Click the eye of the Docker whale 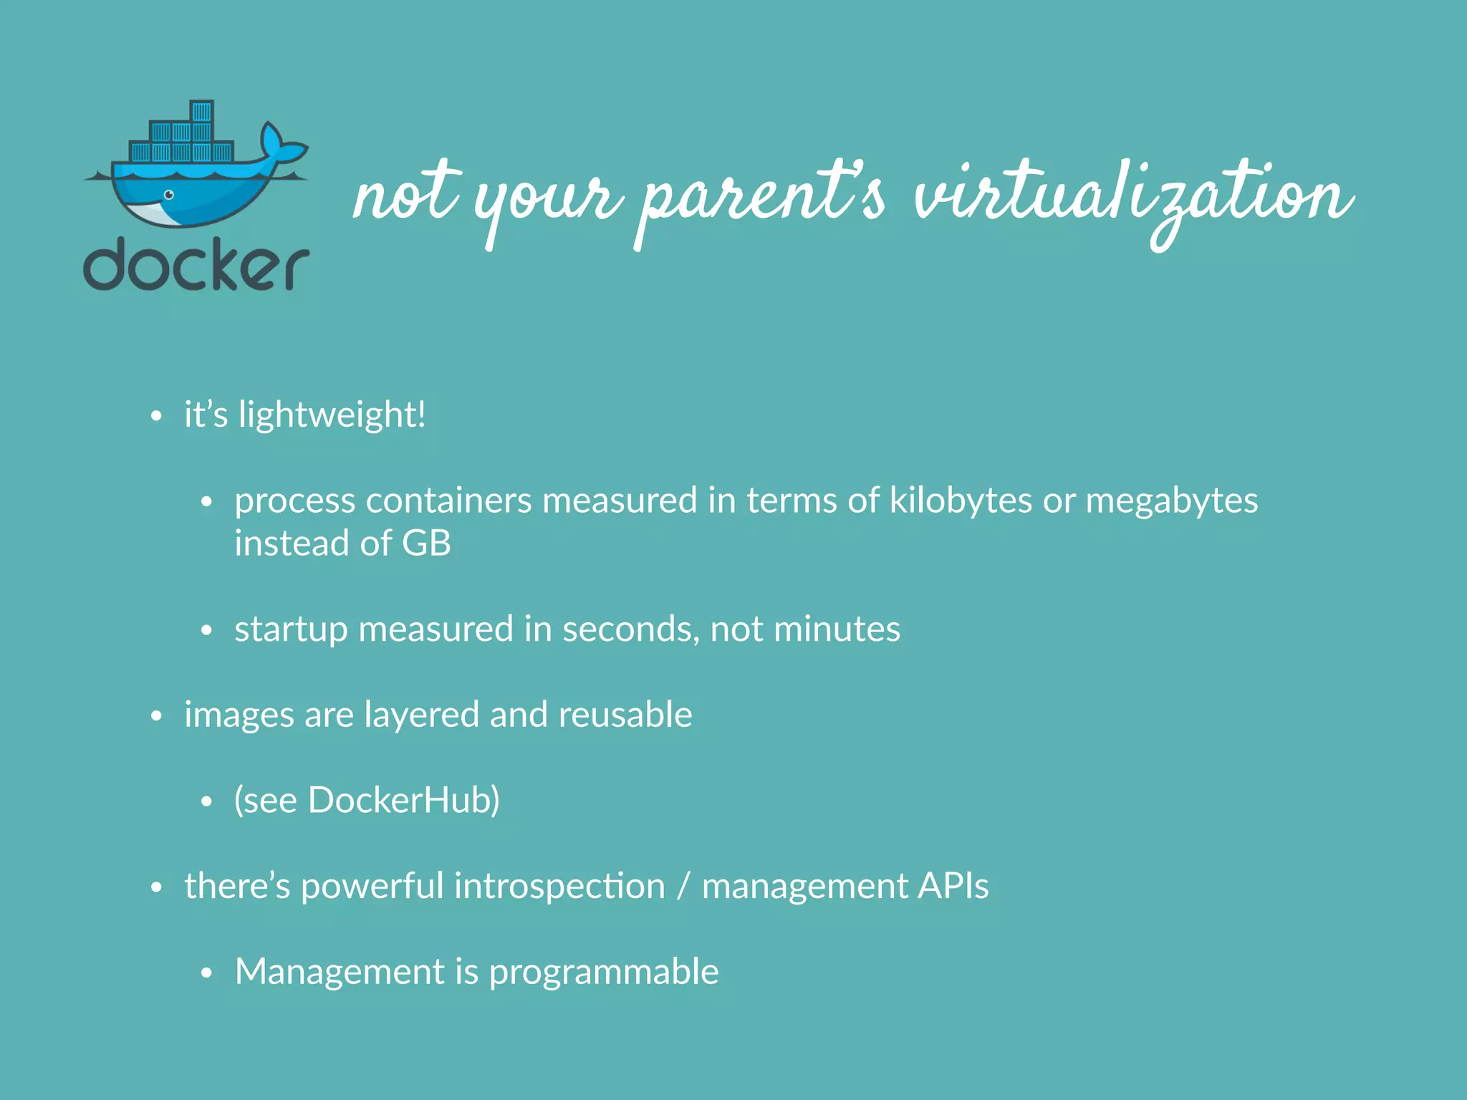[169, 195]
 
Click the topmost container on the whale [202, 112]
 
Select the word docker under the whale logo [196, 265]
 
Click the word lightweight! [332, 415]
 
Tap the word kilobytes [961, 500]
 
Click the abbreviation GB [426, 543]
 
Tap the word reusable [625, 715]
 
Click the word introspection [559, 887]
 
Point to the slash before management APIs [683, 887]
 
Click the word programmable [603, 973]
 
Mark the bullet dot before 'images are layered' [157, 716]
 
